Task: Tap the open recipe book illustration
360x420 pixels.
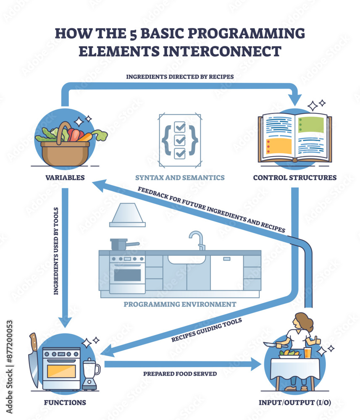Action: coord(294,138)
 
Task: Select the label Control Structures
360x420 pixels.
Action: coord(294,178)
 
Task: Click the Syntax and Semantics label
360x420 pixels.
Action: coord(180,178)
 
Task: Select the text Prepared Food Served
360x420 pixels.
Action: coord(180,373)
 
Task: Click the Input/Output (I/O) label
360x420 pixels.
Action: coord(294,403)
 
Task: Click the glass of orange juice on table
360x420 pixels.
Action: coord(308,353)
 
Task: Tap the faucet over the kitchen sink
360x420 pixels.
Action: coord(197,239)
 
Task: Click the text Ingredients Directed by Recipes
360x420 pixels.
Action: coord(180,77)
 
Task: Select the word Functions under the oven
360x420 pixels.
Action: coord(65,403)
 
